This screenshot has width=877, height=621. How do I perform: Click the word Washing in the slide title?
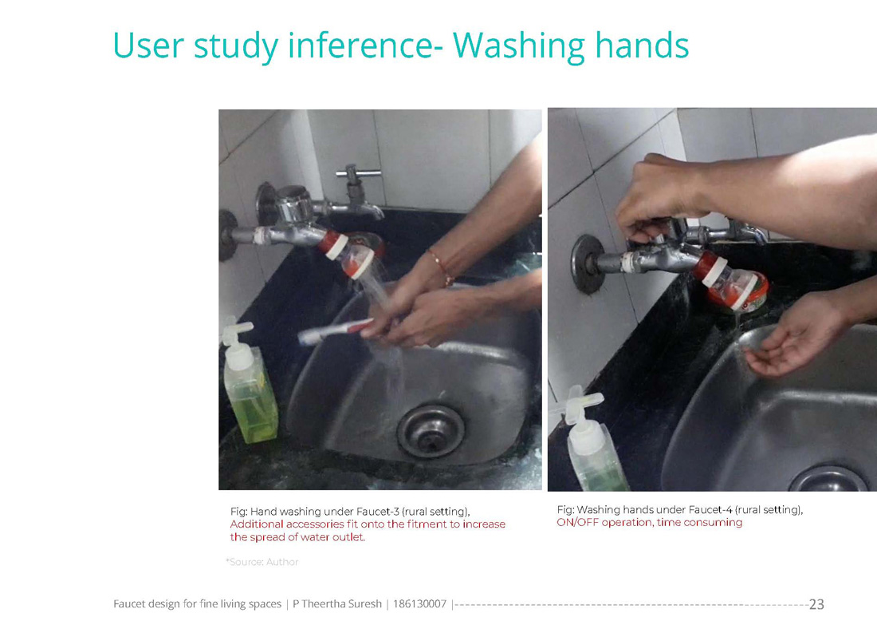click(x=518, y=45)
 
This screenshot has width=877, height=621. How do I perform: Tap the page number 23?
click(x=816, y=604)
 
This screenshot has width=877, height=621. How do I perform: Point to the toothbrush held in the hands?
click(x=336, y=331)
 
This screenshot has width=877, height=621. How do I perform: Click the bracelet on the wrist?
click(x=441, y=267)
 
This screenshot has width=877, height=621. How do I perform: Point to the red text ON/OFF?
click(x=576, y=523)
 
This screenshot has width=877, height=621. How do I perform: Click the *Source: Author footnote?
click(x=262, y=562)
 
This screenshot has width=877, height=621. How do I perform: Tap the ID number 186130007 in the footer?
click(x=419, y=603)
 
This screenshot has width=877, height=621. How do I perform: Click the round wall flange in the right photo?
click(x=586, y=263)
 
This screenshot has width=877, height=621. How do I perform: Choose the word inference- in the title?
click(x=365, y=45)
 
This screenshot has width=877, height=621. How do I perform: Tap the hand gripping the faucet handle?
click(x=660, y=196)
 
